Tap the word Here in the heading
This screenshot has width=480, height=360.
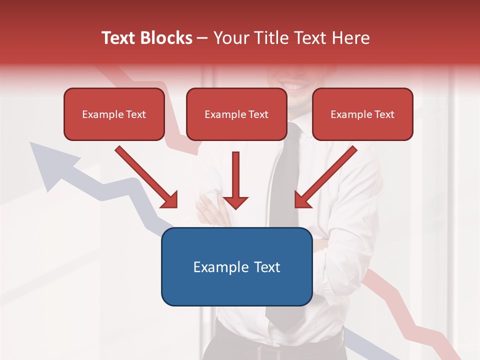(x=351, y=38)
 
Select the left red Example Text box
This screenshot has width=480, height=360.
(x=114, y=114)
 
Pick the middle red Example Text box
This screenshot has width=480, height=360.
(x=236, y=114)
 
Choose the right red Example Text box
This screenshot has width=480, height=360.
(x=362, y=114)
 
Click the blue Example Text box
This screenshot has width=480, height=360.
(x=236, y=266)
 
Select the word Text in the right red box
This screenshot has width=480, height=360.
(x=383, y=114)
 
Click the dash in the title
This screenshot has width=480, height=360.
(x=202, y=38)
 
